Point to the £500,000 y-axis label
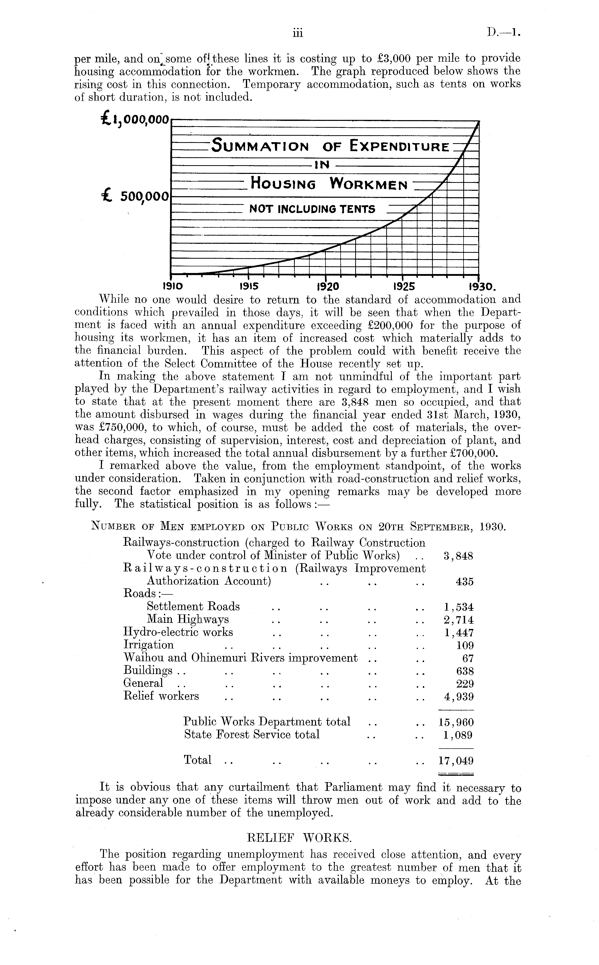[x=135, y=196]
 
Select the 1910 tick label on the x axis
[x=172, y=286]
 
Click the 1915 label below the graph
[x=249, y=286]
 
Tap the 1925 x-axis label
[x=404, y=286]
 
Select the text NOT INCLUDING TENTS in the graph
[x=312, y=209]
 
